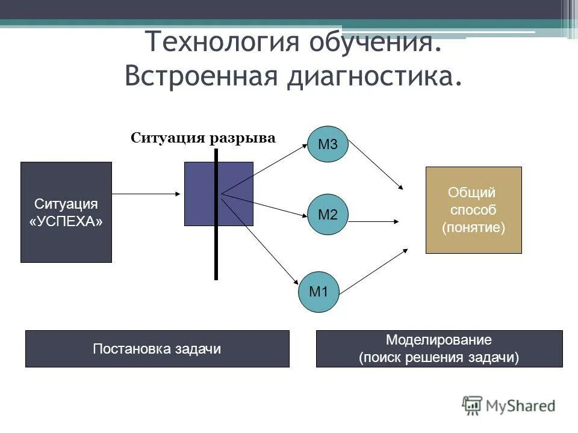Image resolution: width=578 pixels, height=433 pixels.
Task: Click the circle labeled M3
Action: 328,144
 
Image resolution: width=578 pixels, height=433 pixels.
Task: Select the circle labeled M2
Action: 328,215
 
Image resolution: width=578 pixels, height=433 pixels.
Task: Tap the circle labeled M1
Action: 319,292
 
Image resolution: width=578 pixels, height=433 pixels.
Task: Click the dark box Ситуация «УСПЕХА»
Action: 66,212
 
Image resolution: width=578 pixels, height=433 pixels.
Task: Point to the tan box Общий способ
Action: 473,210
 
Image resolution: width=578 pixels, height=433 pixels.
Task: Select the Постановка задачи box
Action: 157,349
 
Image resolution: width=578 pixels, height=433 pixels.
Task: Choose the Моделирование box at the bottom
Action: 439,349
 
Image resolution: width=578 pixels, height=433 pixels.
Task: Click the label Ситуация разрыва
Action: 203,138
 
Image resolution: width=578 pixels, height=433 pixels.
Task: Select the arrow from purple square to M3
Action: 265,169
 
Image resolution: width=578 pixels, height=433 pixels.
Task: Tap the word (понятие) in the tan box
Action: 473,228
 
